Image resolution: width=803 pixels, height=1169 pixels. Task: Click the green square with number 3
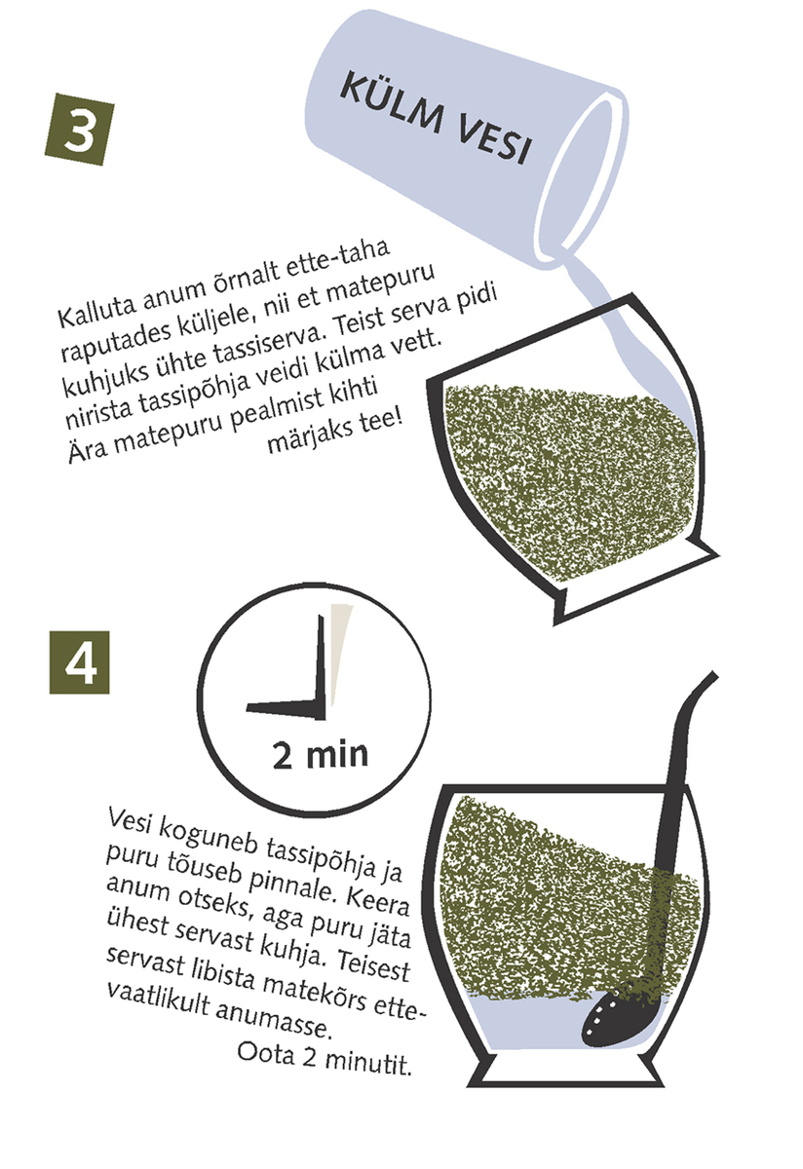tap(79, 129)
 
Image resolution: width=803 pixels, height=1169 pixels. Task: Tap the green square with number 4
tap(79, 662)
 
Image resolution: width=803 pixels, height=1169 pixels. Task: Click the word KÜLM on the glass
tap(392, 103)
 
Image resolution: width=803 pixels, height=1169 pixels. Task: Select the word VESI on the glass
tap(493, 141)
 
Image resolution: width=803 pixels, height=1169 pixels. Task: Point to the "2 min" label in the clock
tap(320, 755)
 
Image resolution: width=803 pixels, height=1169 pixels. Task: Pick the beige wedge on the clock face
tap(339, 653)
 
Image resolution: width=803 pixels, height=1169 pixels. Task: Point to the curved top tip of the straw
tap(713, 675)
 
